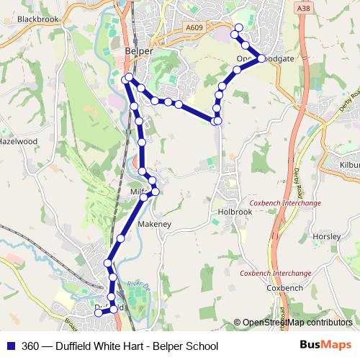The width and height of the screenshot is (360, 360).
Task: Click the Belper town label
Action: [x=136, y=52]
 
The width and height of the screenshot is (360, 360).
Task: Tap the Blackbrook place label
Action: [x=37, y=19]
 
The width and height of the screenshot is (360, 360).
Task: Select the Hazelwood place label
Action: [x=17, y=142]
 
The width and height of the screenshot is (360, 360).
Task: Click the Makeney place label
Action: [x=154, y=225]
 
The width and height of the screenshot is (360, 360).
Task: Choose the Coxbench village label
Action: [x=284, y=288]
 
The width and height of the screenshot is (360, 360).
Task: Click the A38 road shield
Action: [x=302, y=8]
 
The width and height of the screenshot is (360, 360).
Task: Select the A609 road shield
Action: [x=194, y=27]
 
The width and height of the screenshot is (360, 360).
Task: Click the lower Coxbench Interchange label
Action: [x=276, y=274]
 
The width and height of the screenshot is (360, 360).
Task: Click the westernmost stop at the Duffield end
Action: [x=99, y=312]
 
